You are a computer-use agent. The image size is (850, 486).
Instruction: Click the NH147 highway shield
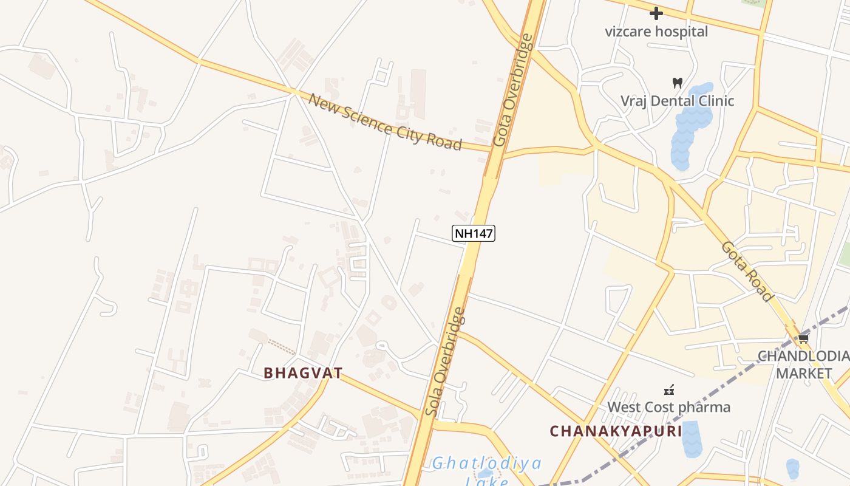coord(474,233)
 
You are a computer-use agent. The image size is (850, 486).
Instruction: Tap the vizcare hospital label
coord(656,32)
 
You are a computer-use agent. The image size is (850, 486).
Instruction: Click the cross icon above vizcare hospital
coord(656,13)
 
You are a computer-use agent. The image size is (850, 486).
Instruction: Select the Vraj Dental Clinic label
coord(677,101)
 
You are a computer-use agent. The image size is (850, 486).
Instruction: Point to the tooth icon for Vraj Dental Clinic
coord(678,83)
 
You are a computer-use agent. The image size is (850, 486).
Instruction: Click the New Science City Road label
coord(385,122)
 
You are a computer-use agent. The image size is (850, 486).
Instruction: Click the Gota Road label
coord(747,272)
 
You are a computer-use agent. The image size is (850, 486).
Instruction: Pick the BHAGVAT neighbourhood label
coord(303,372)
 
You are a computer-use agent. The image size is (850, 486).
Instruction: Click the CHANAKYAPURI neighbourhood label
coord(616,431)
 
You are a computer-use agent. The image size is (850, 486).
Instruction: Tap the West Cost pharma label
coord(669,407)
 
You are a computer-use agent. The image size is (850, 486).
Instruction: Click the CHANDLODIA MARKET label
coord(803,364)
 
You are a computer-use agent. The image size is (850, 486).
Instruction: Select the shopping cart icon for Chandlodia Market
coord(804,339)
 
